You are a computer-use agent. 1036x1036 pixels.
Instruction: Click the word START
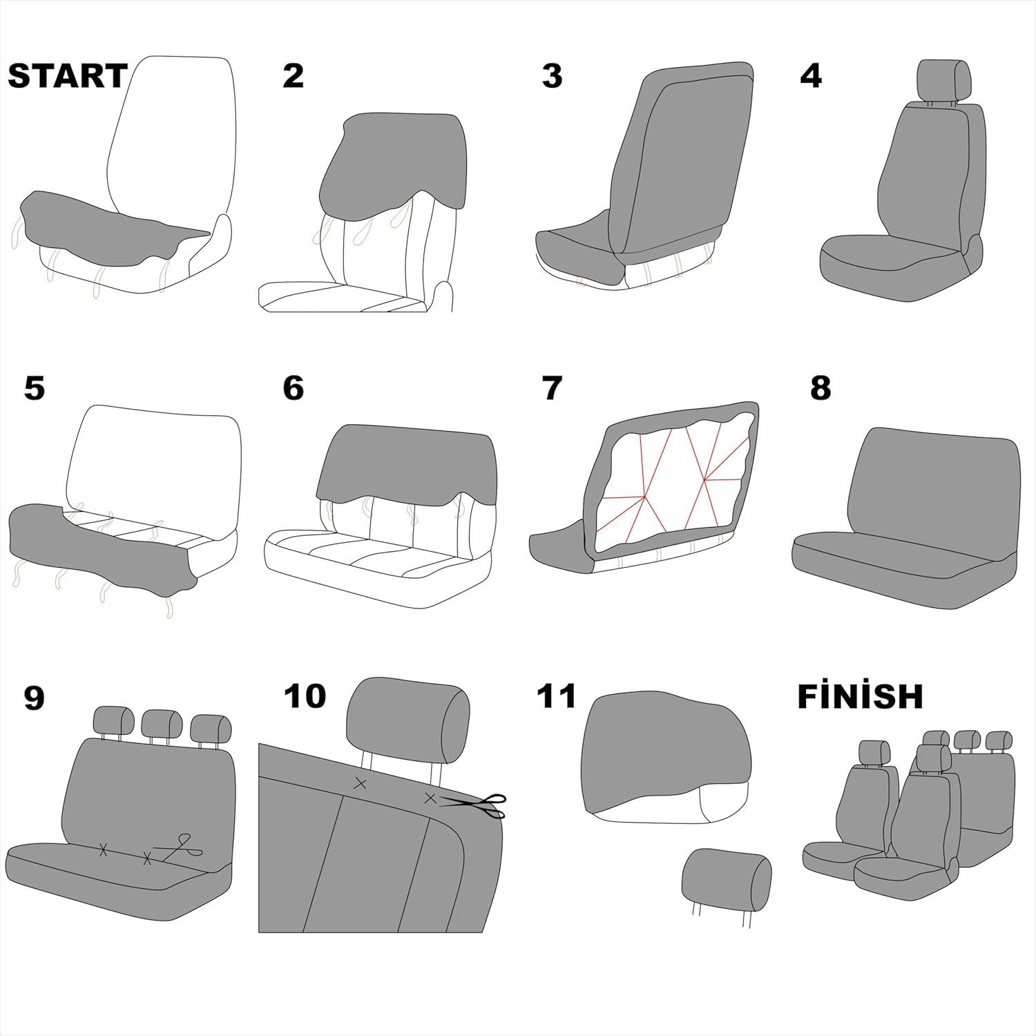(x=68, y=76)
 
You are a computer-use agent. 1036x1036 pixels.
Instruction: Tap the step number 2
(x=293, y=76)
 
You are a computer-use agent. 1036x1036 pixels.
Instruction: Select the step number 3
(x=552, y=76)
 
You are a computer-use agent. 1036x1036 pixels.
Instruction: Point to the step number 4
(x=811, y=76)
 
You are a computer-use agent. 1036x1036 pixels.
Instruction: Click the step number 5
(x=34, y=388)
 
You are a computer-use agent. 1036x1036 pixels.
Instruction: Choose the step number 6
(x=293, y=388)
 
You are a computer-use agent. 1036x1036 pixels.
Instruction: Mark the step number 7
(x=552, y=388)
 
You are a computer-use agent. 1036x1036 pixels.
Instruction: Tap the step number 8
(x=821, y=388)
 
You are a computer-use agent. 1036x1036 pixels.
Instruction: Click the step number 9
(x=34, y=698)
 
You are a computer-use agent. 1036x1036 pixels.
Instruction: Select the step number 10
(x=305, y=696)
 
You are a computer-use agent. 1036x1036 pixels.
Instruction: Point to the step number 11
(x=556, y=696)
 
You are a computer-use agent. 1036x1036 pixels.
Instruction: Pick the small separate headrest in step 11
(x=726, y=880)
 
